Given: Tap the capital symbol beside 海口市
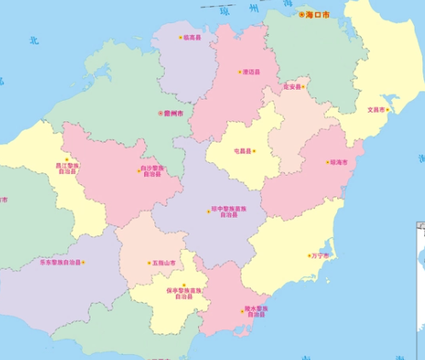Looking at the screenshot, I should pos(301,15).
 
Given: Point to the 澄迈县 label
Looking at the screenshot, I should pos(251,72).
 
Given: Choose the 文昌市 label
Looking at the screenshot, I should pos(376,109).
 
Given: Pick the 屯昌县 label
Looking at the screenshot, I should pos(242,151).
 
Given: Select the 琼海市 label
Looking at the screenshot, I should pos(339,161).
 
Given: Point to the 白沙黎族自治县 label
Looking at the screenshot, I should pos(152,171).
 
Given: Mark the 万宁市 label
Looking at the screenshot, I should pos(322,255).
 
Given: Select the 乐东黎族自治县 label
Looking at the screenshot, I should pos(61,263).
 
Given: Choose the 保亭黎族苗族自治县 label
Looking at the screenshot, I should pos(184,293).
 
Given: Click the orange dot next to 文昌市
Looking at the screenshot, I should pos(387,109).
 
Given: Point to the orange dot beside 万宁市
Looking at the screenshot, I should pos(309,255).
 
